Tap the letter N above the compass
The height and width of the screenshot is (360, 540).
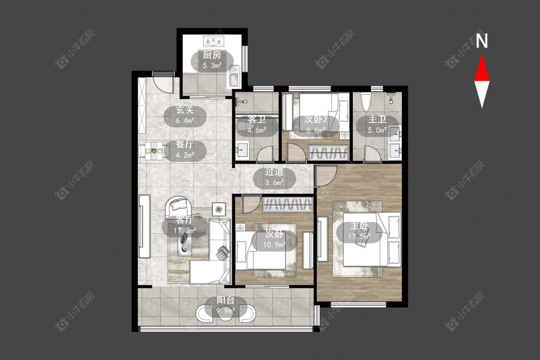(482, 41)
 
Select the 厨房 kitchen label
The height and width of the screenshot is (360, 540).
(212, 55)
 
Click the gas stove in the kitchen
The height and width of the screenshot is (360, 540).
(214, 41)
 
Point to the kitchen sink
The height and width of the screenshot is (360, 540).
(234, 76)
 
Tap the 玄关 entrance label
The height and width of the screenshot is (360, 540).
(185, 110)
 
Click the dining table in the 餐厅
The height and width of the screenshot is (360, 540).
(154, 151)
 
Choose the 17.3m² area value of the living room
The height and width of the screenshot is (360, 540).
(185, 230)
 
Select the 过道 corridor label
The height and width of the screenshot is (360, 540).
(275, 171)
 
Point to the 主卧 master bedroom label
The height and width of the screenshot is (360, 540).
(359, 226)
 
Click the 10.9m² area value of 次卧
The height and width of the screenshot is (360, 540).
(275, 245)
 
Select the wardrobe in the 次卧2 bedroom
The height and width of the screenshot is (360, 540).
(328, 153)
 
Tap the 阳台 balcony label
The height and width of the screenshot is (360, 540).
(226, 300)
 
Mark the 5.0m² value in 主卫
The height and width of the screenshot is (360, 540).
(377, 130)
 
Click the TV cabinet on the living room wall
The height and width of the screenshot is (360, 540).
(144, 227)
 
